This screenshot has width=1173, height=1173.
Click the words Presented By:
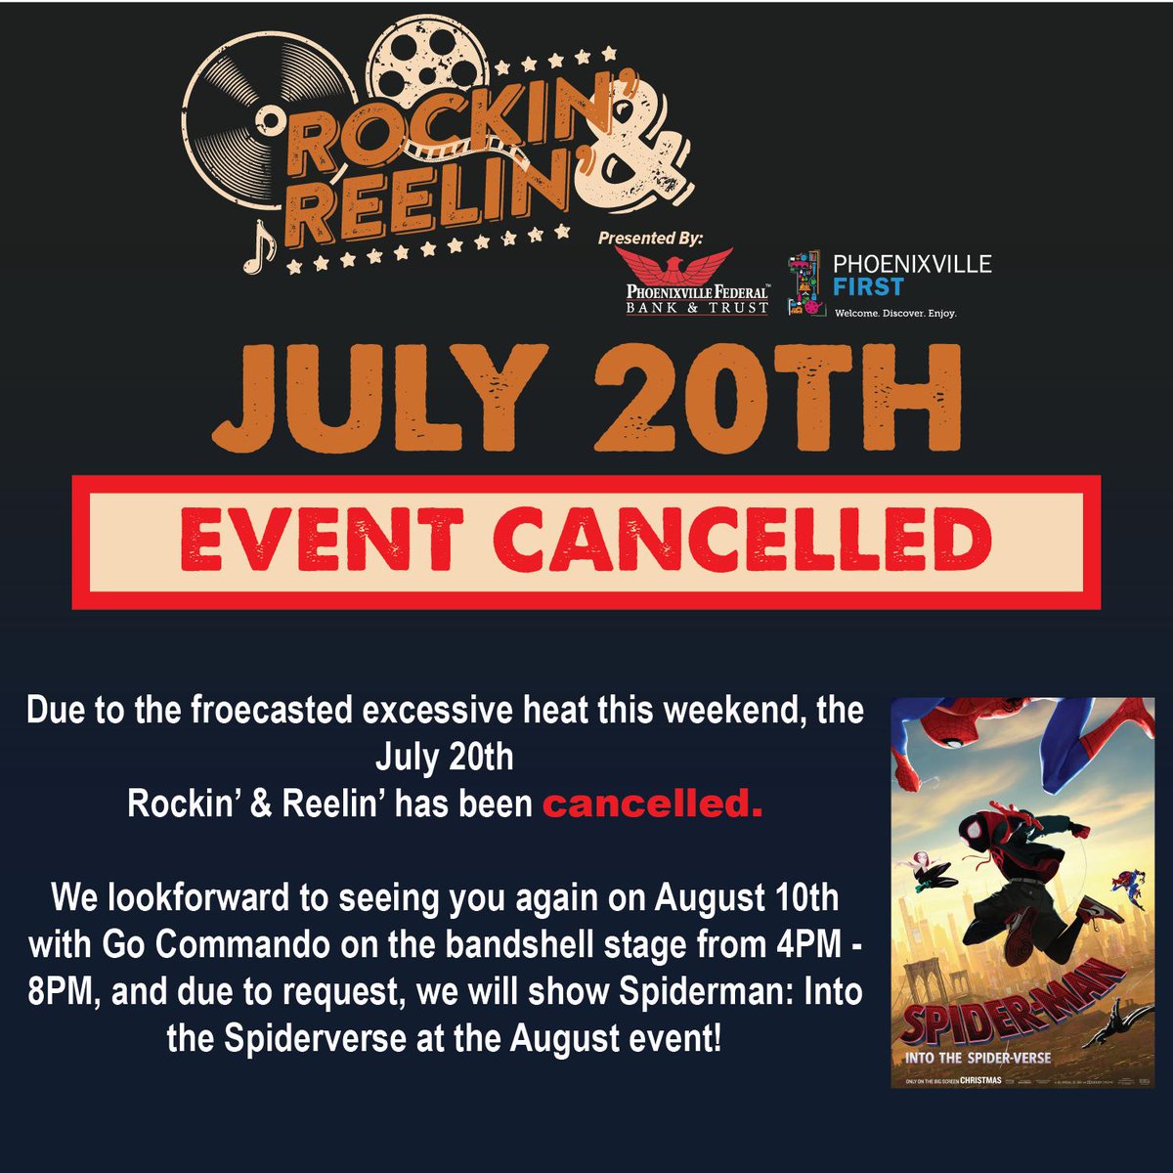[x=650, y=238]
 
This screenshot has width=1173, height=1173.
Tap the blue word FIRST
[x=869, y=287]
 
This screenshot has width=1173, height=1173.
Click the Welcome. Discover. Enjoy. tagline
[x=893, y=314]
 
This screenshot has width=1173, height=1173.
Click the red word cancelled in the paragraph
[x=652, y=804]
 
